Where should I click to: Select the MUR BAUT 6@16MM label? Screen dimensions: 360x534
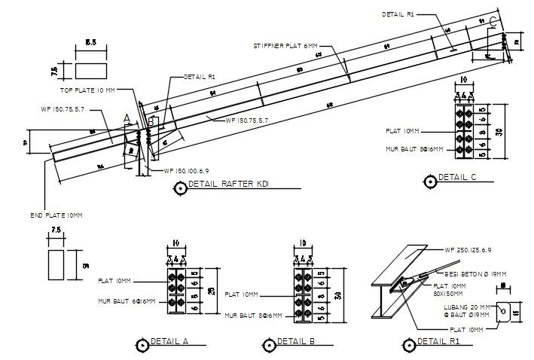click(126, 301)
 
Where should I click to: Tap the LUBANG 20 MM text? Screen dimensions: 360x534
click(460, 306)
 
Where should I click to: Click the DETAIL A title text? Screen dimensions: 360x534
click(169, 341)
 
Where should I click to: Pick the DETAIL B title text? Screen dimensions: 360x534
click(294, 341)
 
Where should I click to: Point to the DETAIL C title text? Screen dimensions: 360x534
click(457, 178)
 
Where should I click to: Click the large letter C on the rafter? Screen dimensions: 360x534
click(493, 21)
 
